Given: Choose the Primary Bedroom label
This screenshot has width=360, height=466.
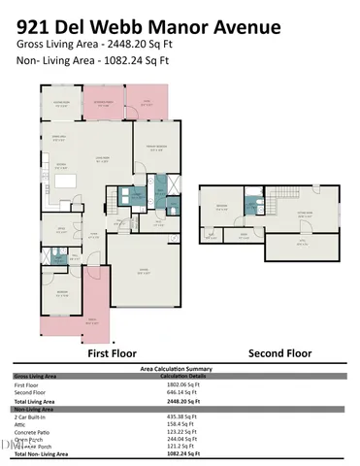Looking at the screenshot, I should (x=158, y=149).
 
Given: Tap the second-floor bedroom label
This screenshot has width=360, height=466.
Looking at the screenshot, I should (x=222, y=206).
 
